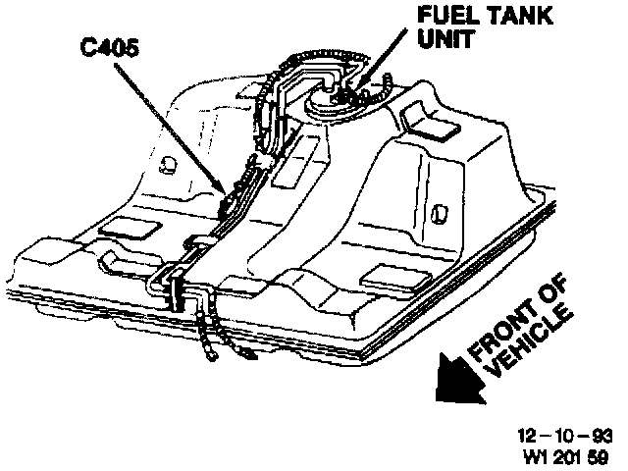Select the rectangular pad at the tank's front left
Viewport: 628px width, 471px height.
120,229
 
